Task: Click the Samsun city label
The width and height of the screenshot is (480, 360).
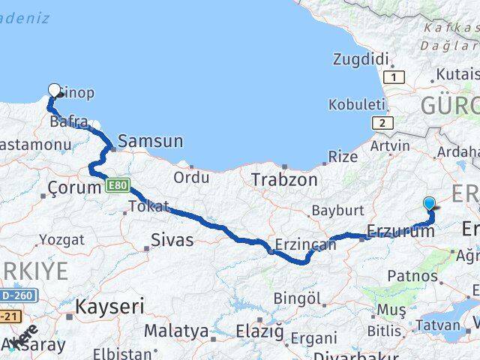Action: [151, 141]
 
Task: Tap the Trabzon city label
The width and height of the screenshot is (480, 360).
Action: [284, 180]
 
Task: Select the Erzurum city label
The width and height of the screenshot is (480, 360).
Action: [401, 232]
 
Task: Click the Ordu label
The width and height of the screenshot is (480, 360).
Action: [191, 177]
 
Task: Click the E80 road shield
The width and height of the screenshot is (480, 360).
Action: [117, 184]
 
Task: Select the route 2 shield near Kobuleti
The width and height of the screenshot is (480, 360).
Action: [382, 123]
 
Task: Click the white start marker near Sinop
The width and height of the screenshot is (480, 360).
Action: [54, 91]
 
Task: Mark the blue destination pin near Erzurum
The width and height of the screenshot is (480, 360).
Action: [429, 202]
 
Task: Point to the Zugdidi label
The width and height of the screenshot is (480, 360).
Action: [364, 58]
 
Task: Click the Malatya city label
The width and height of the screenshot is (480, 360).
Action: [176, 331]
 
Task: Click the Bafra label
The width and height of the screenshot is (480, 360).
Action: [69, 121]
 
